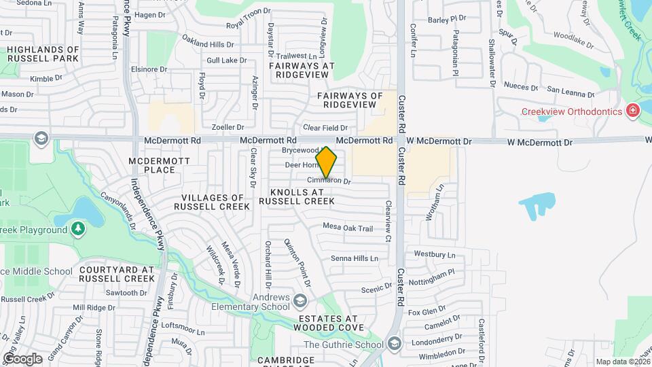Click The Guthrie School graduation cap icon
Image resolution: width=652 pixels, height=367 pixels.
[x=395, y=344]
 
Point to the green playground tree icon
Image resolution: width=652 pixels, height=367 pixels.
[x=79, y=229]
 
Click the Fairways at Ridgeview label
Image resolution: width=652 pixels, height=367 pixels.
[x=302, y=70]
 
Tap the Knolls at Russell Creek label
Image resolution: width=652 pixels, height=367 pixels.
[x=297, y=196]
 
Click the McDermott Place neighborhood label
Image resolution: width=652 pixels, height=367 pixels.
[x=152, y=164]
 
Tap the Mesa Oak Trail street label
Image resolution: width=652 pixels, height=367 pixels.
[x=348, y=228]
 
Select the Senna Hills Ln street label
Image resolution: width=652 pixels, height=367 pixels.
[x=354, y=258]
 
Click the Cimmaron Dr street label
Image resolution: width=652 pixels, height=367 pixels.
[x=329, y=181]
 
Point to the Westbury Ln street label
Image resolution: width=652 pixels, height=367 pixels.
[x=434, y=254]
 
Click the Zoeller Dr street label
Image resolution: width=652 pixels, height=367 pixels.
[x=228, y=127]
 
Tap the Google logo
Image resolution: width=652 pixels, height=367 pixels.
[x=22, y=358]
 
